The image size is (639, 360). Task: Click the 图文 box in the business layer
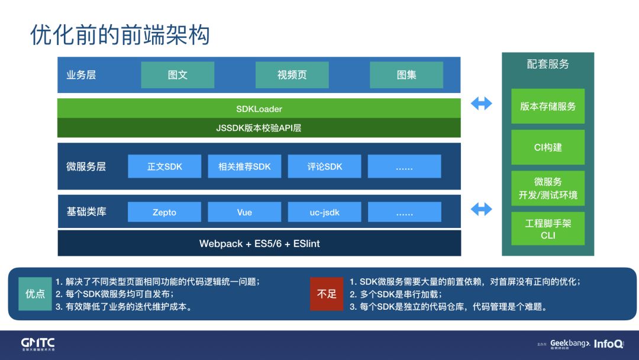[177, 75]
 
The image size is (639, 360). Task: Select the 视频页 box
[292, 75]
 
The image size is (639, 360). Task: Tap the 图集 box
[406, 75]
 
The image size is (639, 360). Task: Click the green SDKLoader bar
[259, 108]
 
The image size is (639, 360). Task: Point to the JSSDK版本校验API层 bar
[259, 128]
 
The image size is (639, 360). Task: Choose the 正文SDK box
[164, 166]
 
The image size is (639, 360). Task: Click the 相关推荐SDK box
[244, 166]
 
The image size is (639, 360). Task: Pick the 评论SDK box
[324, 166]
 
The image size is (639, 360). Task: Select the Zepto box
[164, 212]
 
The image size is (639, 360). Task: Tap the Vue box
[244, 212]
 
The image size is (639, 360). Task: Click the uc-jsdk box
[324, 212]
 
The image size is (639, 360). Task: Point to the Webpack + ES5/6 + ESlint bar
[259, 243]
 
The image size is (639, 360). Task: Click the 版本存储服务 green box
[548, 107]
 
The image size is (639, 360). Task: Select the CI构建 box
[548, 147]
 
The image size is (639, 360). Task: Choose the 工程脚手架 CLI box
[548, 229]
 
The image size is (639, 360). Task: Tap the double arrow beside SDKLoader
[481, 104]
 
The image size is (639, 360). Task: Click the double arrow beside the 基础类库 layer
[481, 209]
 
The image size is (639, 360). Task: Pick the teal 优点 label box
[35, 294]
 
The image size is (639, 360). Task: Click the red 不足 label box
[327, 294]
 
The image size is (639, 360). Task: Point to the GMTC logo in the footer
[38, 344]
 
